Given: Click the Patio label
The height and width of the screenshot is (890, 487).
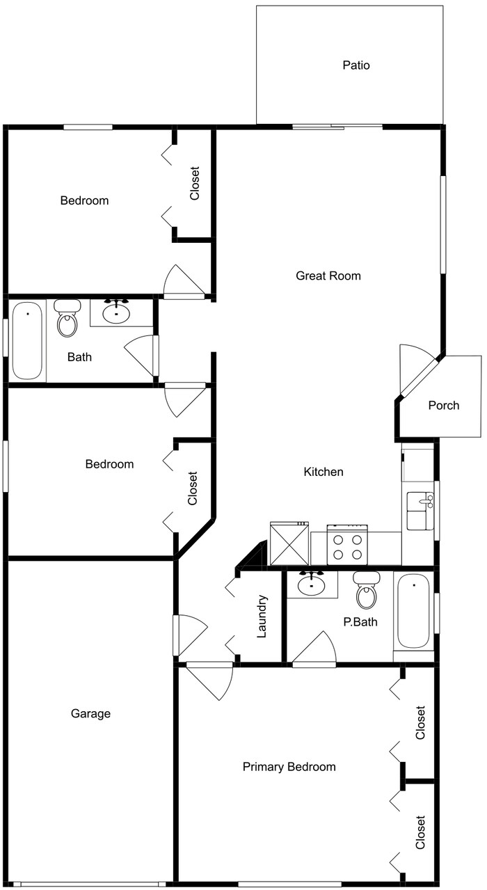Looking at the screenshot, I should (356, 65).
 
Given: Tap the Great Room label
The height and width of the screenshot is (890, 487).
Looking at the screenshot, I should (328, 276).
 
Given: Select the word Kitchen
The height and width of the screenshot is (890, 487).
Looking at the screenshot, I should (324, 472).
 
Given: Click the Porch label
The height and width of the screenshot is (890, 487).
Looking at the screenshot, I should (443, 405).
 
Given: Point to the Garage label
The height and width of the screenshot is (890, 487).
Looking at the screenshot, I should (90, 713).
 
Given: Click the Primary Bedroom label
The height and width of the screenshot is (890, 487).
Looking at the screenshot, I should (289, 767).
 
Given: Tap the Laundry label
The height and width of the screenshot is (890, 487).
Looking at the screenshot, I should (262, 616).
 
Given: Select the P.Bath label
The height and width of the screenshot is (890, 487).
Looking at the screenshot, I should (360, 621).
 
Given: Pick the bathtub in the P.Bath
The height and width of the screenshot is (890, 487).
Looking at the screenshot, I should (413, 612).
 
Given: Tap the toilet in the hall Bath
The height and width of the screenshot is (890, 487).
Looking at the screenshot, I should (67, 319).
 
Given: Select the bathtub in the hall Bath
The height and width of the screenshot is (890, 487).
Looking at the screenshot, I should (27, 340).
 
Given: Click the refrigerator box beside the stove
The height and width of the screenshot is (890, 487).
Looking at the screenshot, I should (289, 543).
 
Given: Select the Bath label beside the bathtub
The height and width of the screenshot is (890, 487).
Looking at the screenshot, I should (79, 357).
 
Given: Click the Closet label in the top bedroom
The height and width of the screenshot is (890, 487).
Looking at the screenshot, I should (195, 183).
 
